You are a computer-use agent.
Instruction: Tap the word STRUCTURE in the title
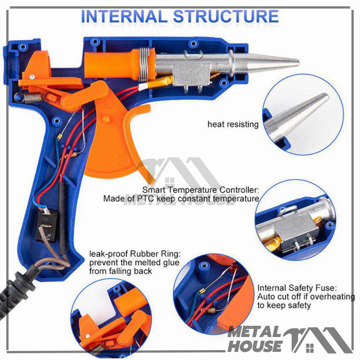point(226,17)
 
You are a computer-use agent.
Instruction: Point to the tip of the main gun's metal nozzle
point(298,62)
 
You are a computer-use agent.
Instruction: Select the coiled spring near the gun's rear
point(33,98)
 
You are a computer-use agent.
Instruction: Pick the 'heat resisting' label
point(233,124)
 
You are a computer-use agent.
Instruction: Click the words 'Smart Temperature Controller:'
point(200,190)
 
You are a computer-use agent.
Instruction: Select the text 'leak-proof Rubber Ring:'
point(135,254)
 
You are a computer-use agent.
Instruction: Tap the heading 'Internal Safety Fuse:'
point(297,288)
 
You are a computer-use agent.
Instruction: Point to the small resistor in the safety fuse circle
point(211,310)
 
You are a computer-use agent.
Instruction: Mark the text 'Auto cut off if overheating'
point(306,297)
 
